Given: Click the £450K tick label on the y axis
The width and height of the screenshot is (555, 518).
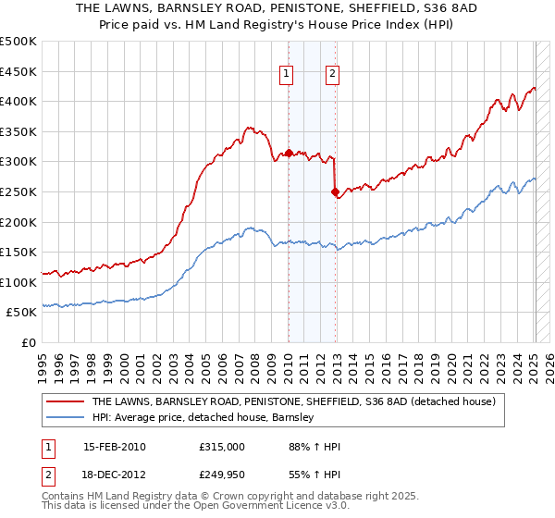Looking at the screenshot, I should (18, 71).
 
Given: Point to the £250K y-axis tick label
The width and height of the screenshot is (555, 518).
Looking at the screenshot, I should (18, 191).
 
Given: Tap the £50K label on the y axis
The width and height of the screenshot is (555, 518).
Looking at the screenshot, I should (22, 313).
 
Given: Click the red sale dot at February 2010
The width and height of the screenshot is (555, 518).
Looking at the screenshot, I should (289, 153).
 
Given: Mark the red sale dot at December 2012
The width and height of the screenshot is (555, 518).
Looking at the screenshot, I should (335, 192).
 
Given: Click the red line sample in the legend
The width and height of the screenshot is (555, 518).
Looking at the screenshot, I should (65, 402).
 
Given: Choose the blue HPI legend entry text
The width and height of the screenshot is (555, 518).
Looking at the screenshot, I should (203, 417).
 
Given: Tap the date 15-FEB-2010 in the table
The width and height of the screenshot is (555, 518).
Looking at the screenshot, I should (114, 447).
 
